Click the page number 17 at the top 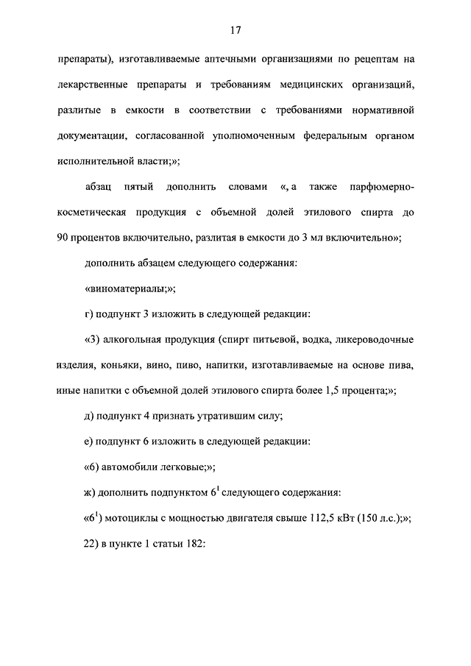click(x=235, y=30)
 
